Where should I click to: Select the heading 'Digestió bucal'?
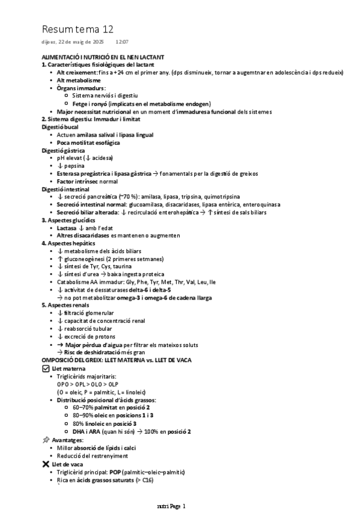60,127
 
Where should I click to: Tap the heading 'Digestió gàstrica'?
64,150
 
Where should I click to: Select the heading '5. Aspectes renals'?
64,305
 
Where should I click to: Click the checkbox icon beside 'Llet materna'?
46,368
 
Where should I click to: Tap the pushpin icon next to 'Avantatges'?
46,440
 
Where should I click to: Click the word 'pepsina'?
75,165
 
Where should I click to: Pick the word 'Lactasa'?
66,228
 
